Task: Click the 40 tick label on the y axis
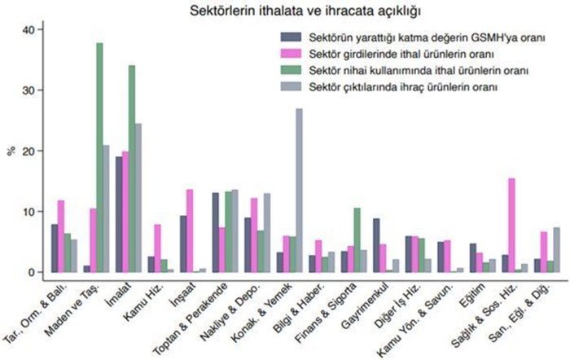coord(30,29)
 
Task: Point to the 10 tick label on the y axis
coord(30,212)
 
